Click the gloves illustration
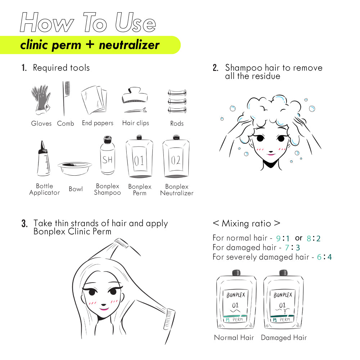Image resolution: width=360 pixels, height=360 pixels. (41, 100)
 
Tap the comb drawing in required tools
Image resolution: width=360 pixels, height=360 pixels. (65, 99)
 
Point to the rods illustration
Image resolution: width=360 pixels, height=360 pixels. (177, 101)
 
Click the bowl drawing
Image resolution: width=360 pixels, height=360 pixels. (75, 168)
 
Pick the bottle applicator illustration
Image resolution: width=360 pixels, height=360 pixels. (44, 158)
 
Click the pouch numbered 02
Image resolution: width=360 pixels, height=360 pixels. (176, 156)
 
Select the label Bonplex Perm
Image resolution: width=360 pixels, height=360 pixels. (140, 190)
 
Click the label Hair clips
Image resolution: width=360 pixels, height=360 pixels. (135, 123)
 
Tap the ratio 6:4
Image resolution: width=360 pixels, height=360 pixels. (324, 257)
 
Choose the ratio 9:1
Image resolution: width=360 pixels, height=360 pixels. (282, 238)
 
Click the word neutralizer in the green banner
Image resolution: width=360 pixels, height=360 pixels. (129, 45)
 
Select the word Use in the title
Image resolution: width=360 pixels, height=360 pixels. (135, 22)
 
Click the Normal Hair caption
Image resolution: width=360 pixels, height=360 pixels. (234, 338)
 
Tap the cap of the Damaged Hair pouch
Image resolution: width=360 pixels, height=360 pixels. (284, 273)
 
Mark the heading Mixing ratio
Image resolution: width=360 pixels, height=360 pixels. (246, 224)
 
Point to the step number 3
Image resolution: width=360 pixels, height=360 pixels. (24, 224)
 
